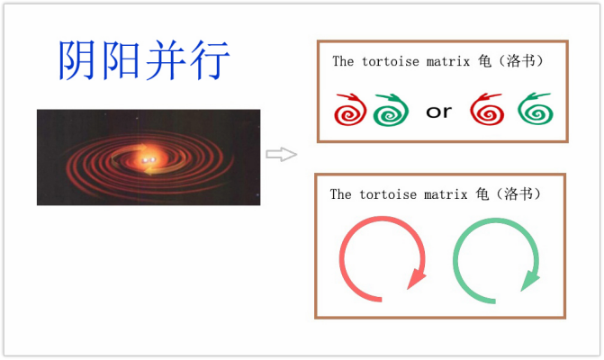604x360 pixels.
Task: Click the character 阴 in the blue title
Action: click(x=77, y=60)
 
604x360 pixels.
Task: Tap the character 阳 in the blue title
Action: click(x=121, y=60)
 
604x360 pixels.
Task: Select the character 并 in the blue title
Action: click(x=166, y=60)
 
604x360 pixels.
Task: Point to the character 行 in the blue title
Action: click(x=210, y=60)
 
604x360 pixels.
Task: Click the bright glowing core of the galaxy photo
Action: click(x=149, y=158)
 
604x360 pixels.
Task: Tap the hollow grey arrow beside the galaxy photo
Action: click(x=282, y=155)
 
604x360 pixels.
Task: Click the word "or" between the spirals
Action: click(x=438, y=112)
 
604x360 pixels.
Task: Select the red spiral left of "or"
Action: click(x=350, y=110)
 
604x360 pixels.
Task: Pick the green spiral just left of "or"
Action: click(x=391, y=110)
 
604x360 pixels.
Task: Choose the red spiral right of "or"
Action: click(x=487, y=109)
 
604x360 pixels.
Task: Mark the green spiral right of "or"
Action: click(x=536, y=109)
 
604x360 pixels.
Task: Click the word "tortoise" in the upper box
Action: click(x=390, y=61)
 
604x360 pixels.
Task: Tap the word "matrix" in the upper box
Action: click(x=448, y=61)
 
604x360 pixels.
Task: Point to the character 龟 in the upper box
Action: click(x=484, y=61)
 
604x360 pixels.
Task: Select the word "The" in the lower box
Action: click(x=340, y=194)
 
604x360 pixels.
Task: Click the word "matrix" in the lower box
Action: click(x=446, y=194)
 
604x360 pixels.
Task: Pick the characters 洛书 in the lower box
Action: click(x=518, y=193)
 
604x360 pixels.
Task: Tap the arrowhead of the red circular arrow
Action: click(x=416, y=278)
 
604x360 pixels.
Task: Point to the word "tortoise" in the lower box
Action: click(x=388, y=194)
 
